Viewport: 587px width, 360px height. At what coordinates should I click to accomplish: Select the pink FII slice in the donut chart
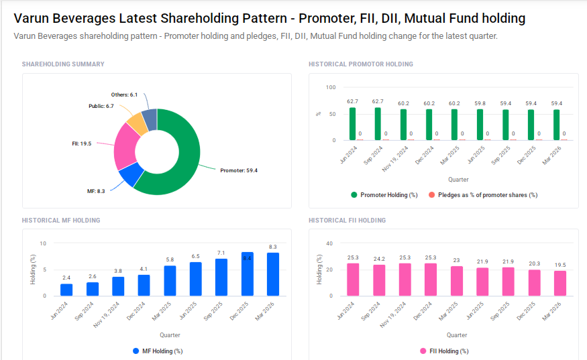(125, 147)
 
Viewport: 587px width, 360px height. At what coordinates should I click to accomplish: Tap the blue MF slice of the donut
(130, 176)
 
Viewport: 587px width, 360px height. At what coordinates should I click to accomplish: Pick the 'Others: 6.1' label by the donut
(124, 95)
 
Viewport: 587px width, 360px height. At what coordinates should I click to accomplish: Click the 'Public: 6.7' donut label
(101, 106)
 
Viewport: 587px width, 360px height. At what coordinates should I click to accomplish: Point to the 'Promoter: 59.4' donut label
(239, 170)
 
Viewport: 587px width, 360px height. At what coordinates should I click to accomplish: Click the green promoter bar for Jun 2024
(352, 124)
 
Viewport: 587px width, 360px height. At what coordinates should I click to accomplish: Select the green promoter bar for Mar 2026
(556, 125)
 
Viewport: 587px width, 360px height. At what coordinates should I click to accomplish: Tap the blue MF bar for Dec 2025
(248, 274)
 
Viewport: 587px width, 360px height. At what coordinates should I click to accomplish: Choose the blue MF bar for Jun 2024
(66, 290)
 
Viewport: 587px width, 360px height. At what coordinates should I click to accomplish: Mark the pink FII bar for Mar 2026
(560, 283)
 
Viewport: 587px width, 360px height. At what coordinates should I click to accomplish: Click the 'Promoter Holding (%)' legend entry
(384, 195)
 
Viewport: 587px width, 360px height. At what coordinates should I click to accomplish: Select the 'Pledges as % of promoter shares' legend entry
(483, 195)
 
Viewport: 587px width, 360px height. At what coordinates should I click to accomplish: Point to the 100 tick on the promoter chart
(330, 88)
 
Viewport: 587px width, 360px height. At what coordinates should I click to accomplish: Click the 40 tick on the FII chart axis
(329, 243)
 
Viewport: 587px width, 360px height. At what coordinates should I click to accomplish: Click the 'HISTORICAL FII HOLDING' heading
(347, 220)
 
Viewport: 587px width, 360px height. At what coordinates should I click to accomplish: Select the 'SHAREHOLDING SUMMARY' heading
(63, 64)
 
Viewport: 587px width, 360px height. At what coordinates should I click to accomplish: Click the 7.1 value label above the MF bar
(221, 253)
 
